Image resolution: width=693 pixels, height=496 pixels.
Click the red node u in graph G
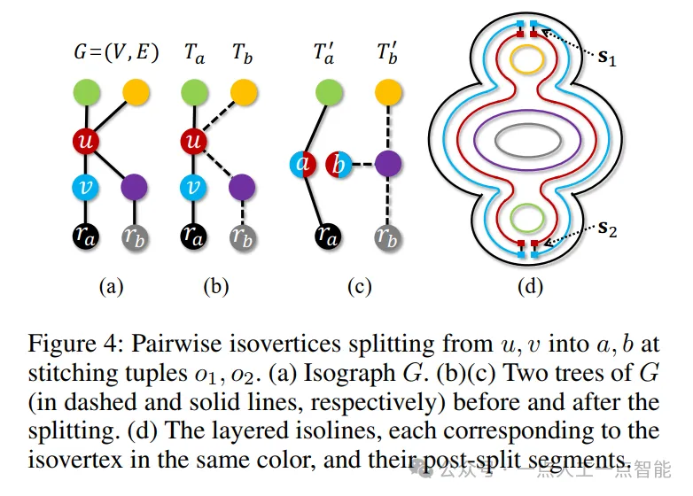[87, 142]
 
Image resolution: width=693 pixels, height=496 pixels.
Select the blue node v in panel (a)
[87, 187]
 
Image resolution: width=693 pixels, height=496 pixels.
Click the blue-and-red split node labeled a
[301, 164]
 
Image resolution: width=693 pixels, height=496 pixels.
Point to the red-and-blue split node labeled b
[337, 164]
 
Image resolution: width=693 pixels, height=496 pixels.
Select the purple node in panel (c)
[387, 164]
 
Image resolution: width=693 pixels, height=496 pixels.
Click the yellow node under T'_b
[387, 91]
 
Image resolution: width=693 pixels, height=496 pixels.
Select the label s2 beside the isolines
[606, 230]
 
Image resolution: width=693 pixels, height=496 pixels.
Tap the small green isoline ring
[526, 218]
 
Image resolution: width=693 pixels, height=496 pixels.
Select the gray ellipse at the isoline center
[526, 139]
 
